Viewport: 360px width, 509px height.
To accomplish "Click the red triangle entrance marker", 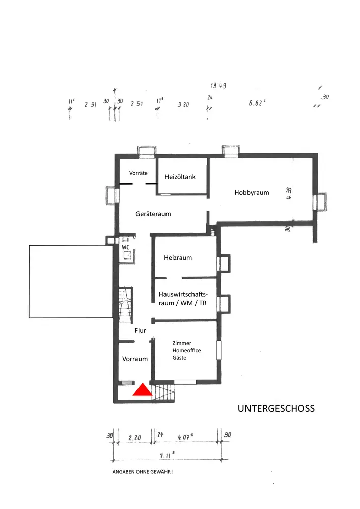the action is (x=143, y=390).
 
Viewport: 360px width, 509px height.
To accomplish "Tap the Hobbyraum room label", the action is (x=252, y=193).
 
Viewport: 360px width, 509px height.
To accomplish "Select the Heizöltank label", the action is (x=180, y=177).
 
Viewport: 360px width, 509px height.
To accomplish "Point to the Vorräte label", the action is (x=138, y=173).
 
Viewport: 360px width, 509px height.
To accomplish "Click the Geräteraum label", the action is (x=153, y=214).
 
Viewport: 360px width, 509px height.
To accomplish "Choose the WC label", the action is (x=126, y=248).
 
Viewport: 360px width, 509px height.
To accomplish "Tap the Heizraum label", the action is (x=178, y=258).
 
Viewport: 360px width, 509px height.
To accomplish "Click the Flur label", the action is (x=141, y=331).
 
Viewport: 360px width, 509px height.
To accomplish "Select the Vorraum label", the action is (x=135, y=359).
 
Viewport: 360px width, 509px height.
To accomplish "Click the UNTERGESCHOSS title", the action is (x=276, y=409).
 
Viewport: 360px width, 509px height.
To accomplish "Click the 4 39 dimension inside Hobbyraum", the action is (x=289, y=194).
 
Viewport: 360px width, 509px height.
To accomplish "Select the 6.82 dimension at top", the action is (x=257, y=103).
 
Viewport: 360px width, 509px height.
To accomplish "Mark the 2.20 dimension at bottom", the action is (x=134, y=437).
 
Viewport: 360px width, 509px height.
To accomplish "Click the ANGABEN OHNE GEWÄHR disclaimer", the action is (x=143, y=472).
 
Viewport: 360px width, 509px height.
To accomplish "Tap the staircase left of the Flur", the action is (x=125, y=304).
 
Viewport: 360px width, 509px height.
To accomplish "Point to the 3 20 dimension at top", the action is (x=183, y=105).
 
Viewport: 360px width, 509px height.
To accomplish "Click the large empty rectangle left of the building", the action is (x=71, y=281).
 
